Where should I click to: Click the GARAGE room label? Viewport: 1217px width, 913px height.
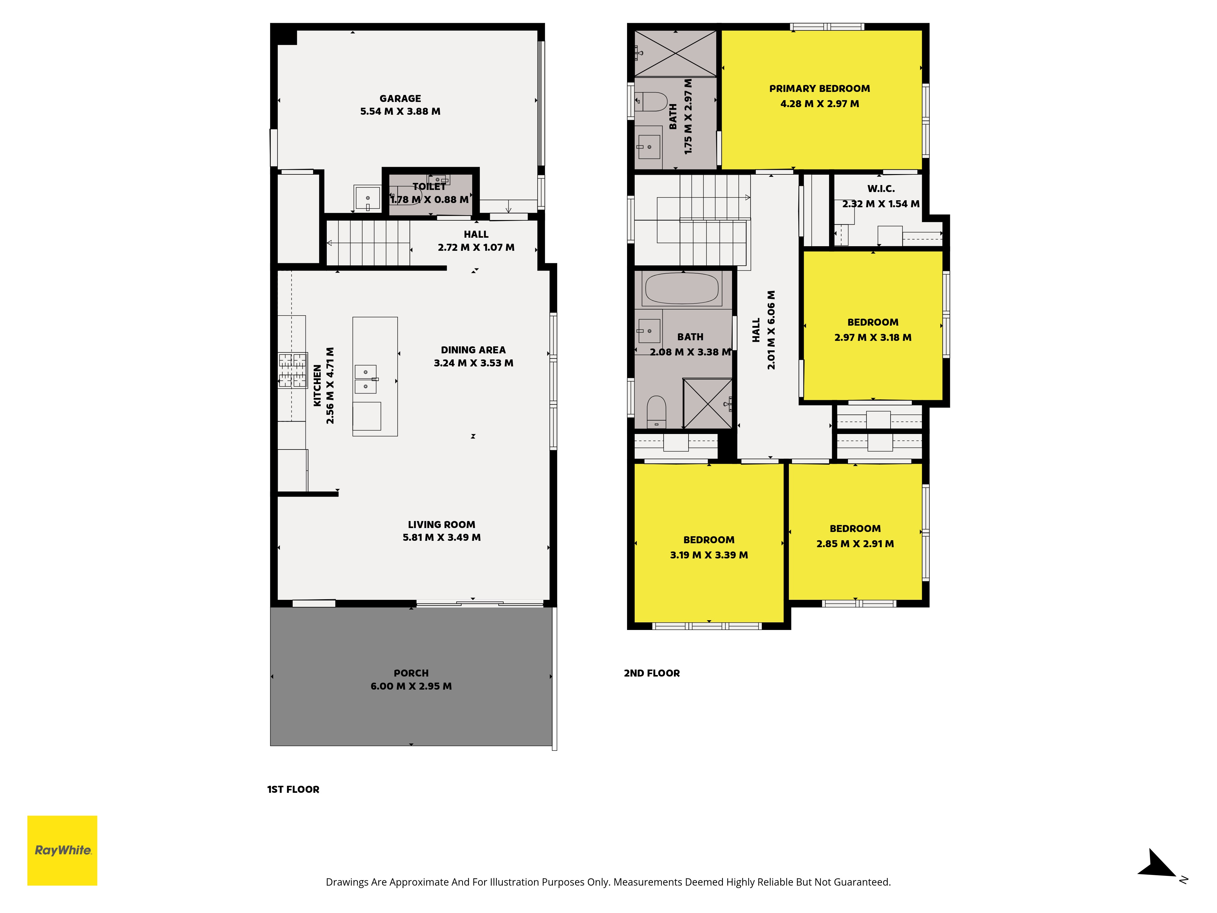[x=400, y=99]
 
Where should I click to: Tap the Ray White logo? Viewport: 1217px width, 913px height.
[x=62, y=850]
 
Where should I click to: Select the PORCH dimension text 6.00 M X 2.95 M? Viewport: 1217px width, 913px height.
[x=411, y=686]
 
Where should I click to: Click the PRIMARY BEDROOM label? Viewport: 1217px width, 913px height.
[x=819, y=89]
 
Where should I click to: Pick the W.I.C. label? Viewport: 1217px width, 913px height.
[x=881, y=189]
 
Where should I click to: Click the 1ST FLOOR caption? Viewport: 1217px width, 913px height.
[x=293, y=789]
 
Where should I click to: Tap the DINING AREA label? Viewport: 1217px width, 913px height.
[x=473, y=350]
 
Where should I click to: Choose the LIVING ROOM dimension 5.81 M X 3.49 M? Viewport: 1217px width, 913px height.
[x=441, y=538]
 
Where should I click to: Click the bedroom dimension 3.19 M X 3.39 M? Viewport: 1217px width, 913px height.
[x=709, y=555]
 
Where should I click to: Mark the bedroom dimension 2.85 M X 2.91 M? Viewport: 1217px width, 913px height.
[x=855, y=544]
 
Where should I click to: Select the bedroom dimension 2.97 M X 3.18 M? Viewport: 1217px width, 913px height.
[x=873, y=337]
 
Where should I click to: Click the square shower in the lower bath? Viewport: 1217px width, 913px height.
[x=707, y=403]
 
